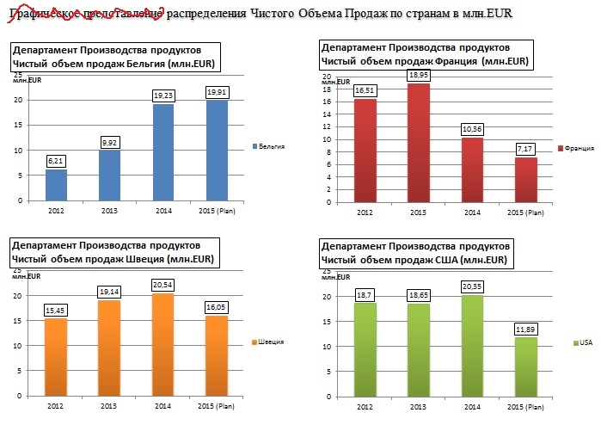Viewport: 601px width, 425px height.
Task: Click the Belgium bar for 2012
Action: tap(55, 184)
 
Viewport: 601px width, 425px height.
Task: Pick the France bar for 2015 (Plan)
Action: tap(525, 180)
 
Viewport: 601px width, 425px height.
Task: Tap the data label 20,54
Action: tap(163, 285)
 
